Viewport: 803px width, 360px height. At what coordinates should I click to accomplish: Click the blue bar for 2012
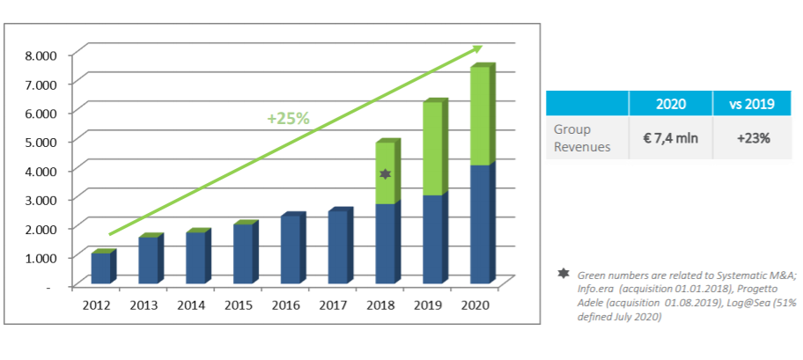click(x=100, y=268)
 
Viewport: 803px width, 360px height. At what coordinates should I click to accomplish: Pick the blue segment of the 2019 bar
click(x=432, y=239)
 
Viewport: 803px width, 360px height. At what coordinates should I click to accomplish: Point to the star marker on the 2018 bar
click(x=385, y=174)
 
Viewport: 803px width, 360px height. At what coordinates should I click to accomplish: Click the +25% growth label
click(x=289, y=118)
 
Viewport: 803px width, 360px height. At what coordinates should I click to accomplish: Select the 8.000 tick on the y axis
click(x=40, y=55)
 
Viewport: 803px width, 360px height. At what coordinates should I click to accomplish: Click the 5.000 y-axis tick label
click(x=40, y=142)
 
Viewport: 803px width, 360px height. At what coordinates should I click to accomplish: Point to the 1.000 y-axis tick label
click(x=40, y=257)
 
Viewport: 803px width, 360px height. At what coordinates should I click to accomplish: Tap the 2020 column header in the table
click(x=671, y=104)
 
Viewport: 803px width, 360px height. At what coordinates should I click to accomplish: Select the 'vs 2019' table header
click(x=752, y=104)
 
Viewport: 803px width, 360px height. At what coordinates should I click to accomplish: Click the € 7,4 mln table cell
click(x=671, y=137)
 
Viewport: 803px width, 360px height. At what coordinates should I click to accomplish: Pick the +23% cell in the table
click(x=752, y=137)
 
